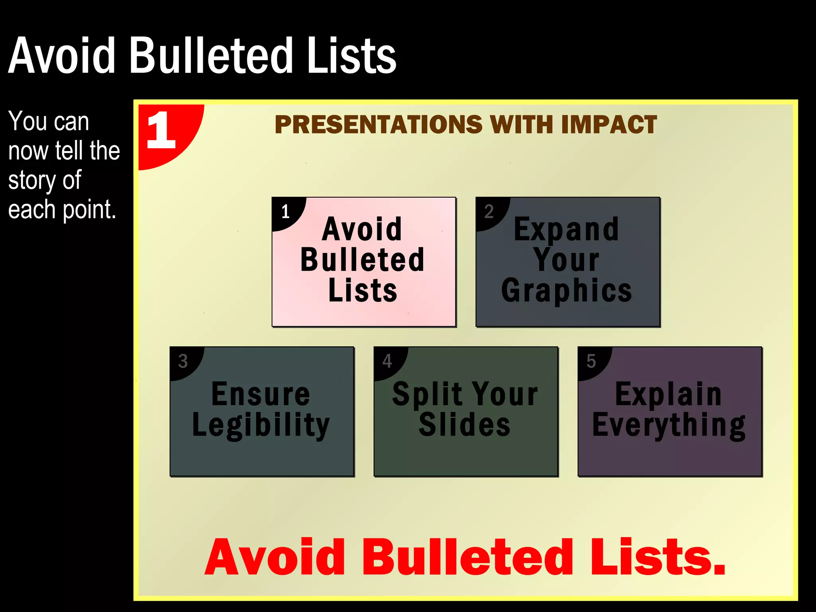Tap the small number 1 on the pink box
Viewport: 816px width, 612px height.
285,212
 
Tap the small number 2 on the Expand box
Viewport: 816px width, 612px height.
489,212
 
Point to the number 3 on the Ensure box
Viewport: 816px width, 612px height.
183,361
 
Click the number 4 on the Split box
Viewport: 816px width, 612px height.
387,361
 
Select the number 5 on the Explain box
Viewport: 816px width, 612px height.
591,361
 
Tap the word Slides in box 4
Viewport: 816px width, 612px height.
465,425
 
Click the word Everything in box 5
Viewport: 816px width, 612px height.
669,426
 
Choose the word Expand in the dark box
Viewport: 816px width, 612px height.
566,230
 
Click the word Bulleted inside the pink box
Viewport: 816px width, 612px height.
363,260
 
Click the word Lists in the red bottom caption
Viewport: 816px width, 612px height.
657,558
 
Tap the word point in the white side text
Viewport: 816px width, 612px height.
89,210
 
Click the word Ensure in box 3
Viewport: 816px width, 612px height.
261,394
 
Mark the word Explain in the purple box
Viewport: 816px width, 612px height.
668,394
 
